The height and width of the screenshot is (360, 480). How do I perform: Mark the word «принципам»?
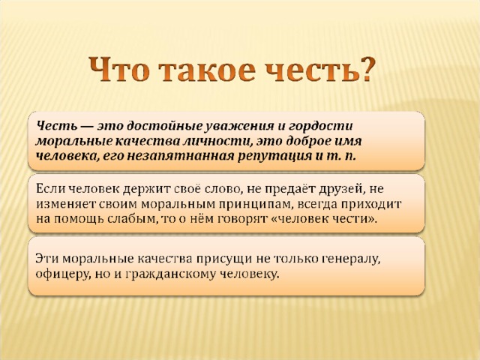click(x=254, y=205)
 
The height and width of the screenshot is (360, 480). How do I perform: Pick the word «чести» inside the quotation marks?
click(x=349, y=219)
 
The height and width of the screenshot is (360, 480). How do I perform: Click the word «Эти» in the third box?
click(x=48, y=258)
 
